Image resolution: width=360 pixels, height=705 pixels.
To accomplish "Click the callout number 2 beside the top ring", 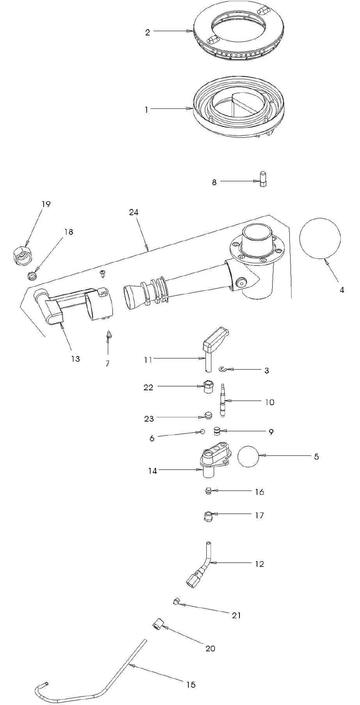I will tap(147, 32).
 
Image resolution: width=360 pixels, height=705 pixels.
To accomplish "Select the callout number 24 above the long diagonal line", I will tap(134, 213).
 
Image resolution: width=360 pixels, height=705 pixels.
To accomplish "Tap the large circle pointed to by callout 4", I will tap(320, 238).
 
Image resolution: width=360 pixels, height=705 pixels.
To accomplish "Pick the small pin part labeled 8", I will tap(262, 179).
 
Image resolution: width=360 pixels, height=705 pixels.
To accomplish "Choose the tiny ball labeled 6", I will tap(202, 432).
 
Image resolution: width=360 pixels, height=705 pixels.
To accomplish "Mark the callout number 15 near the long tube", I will tap(191, 685).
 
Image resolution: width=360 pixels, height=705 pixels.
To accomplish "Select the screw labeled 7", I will tap(108, 335).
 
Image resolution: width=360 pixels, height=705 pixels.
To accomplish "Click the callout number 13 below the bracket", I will tap(75, 359).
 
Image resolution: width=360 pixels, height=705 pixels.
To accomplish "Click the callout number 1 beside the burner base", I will tap(146, 110).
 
